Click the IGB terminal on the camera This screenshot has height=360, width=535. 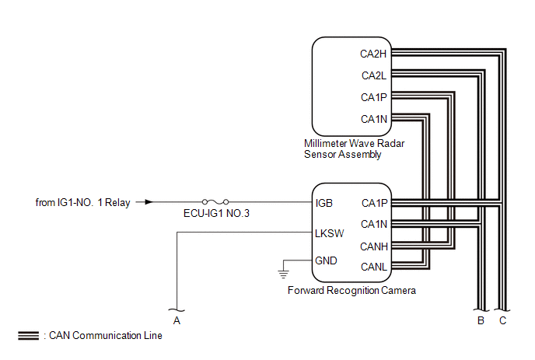(x=324, y=203)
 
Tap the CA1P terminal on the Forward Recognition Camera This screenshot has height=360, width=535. (x=374, y=203)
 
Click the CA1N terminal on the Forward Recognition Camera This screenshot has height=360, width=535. (x=374, y=225)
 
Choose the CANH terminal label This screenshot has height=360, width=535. (x=374, y=246)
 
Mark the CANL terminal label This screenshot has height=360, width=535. (x=374, y=267)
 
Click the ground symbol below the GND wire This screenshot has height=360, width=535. (x=283, y=274)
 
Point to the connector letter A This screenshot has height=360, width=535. (x=177, y=319)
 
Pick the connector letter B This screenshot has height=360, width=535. (x=481, y=319)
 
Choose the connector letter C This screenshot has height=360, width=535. (x=503, y=319)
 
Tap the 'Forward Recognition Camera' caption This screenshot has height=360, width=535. (x=351, y=291)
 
